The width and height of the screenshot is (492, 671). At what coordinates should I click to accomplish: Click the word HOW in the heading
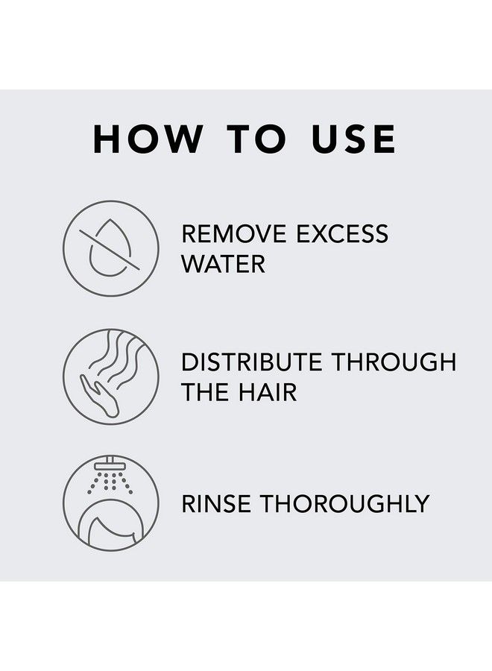(147, 139)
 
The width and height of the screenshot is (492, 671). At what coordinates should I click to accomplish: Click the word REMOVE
(233, 234)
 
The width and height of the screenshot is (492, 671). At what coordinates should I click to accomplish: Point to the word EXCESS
(342, 234)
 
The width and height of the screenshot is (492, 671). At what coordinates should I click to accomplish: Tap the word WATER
(223, 264)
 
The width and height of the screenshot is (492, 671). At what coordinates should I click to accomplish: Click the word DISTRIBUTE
(252, 362)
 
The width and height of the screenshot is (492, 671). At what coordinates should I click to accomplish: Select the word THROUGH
(394, 362)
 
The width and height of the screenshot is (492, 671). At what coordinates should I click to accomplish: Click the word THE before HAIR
(205, 392)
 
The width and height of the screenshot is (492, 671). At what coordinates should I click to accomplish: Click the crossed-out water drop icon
(110, 249)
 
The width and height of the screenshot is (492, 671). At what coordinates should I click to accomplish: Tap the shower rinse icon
(110, 503)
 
